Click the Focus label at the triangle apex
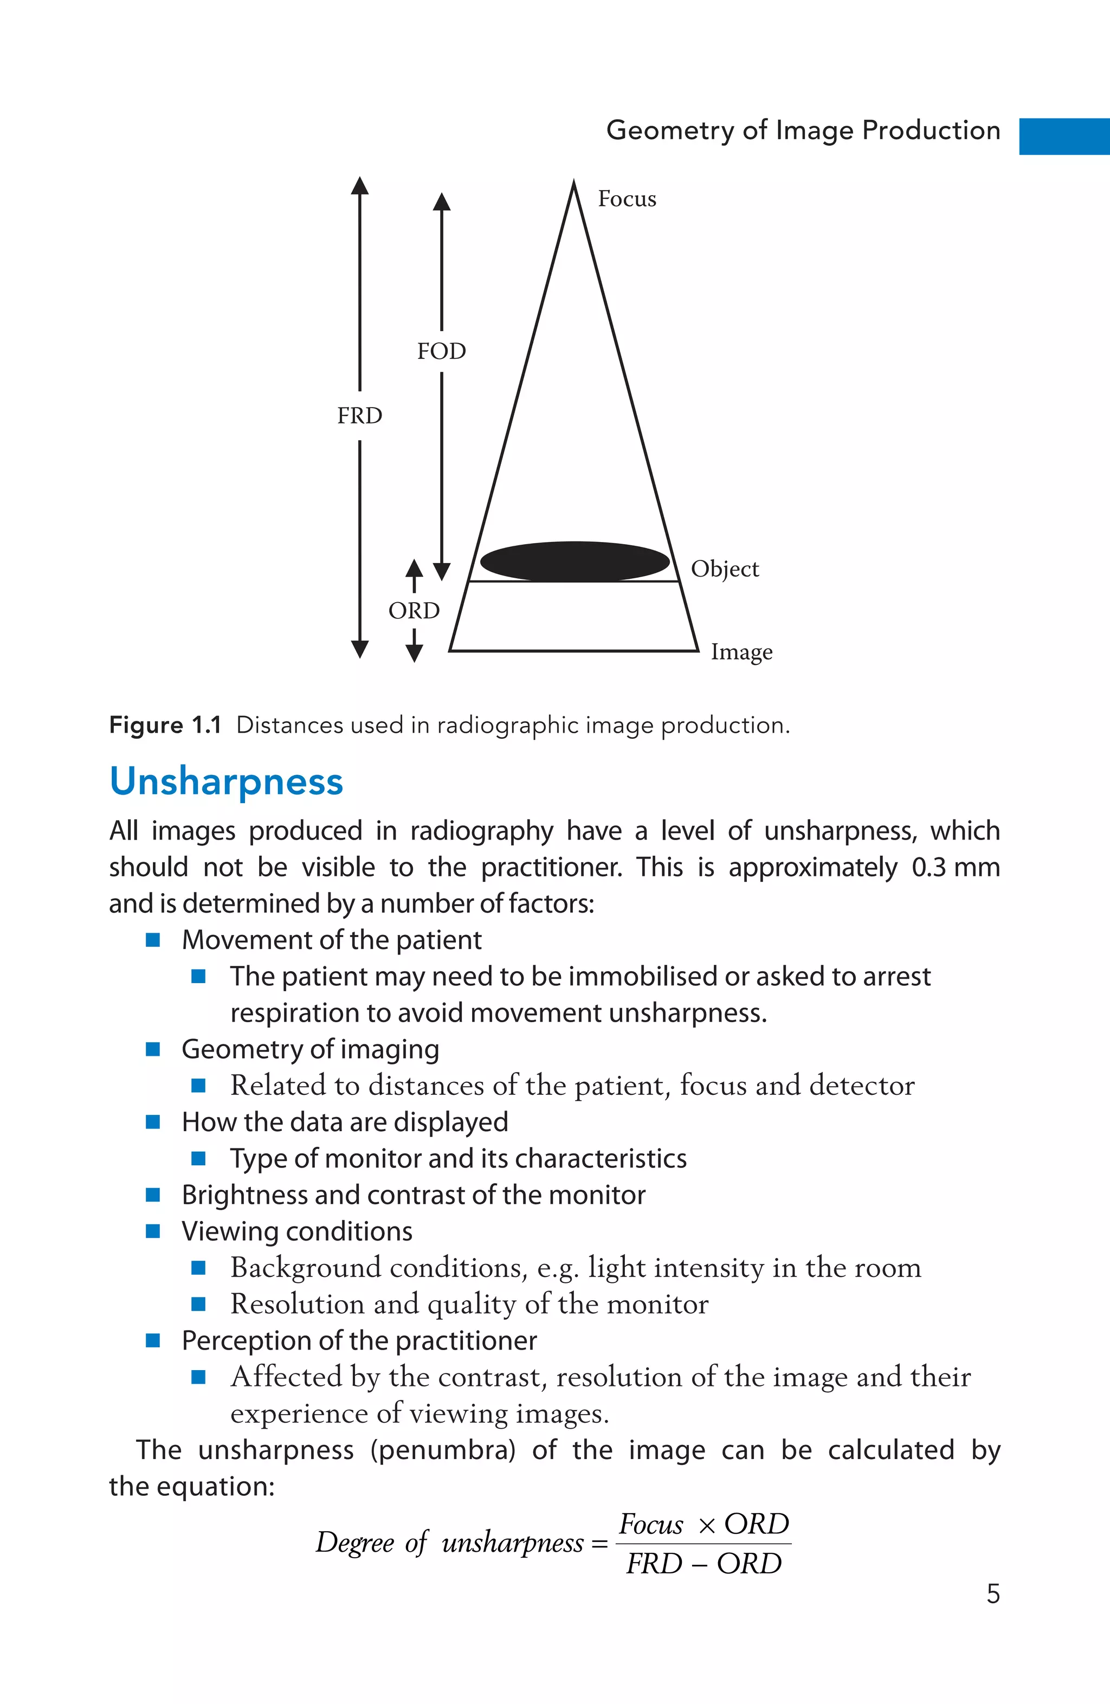(x=627, y=199)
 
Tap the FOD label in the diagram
(x=441, y=352)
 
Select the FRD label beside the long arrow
(x=359, y=416)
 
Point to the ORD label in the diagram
(x=414, y=611)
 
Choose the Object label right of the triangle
(x=725, y=569)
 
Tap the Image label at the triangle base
(x=741, y=652)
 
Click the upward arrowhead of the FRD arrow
(x=359, y=186)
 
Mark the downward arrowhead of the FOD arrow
(x=442, y=571)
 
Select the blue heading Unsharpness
(x=227, y=781)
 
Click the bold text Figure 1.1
(x=165, y=725)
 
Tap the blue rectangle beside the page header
(x=1064, y=136)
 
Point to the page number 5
(x=992, y=1594)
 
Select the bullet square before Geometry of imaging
(x=152, y=1049)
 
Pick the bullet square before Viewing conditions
(x=152, y=1231)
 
